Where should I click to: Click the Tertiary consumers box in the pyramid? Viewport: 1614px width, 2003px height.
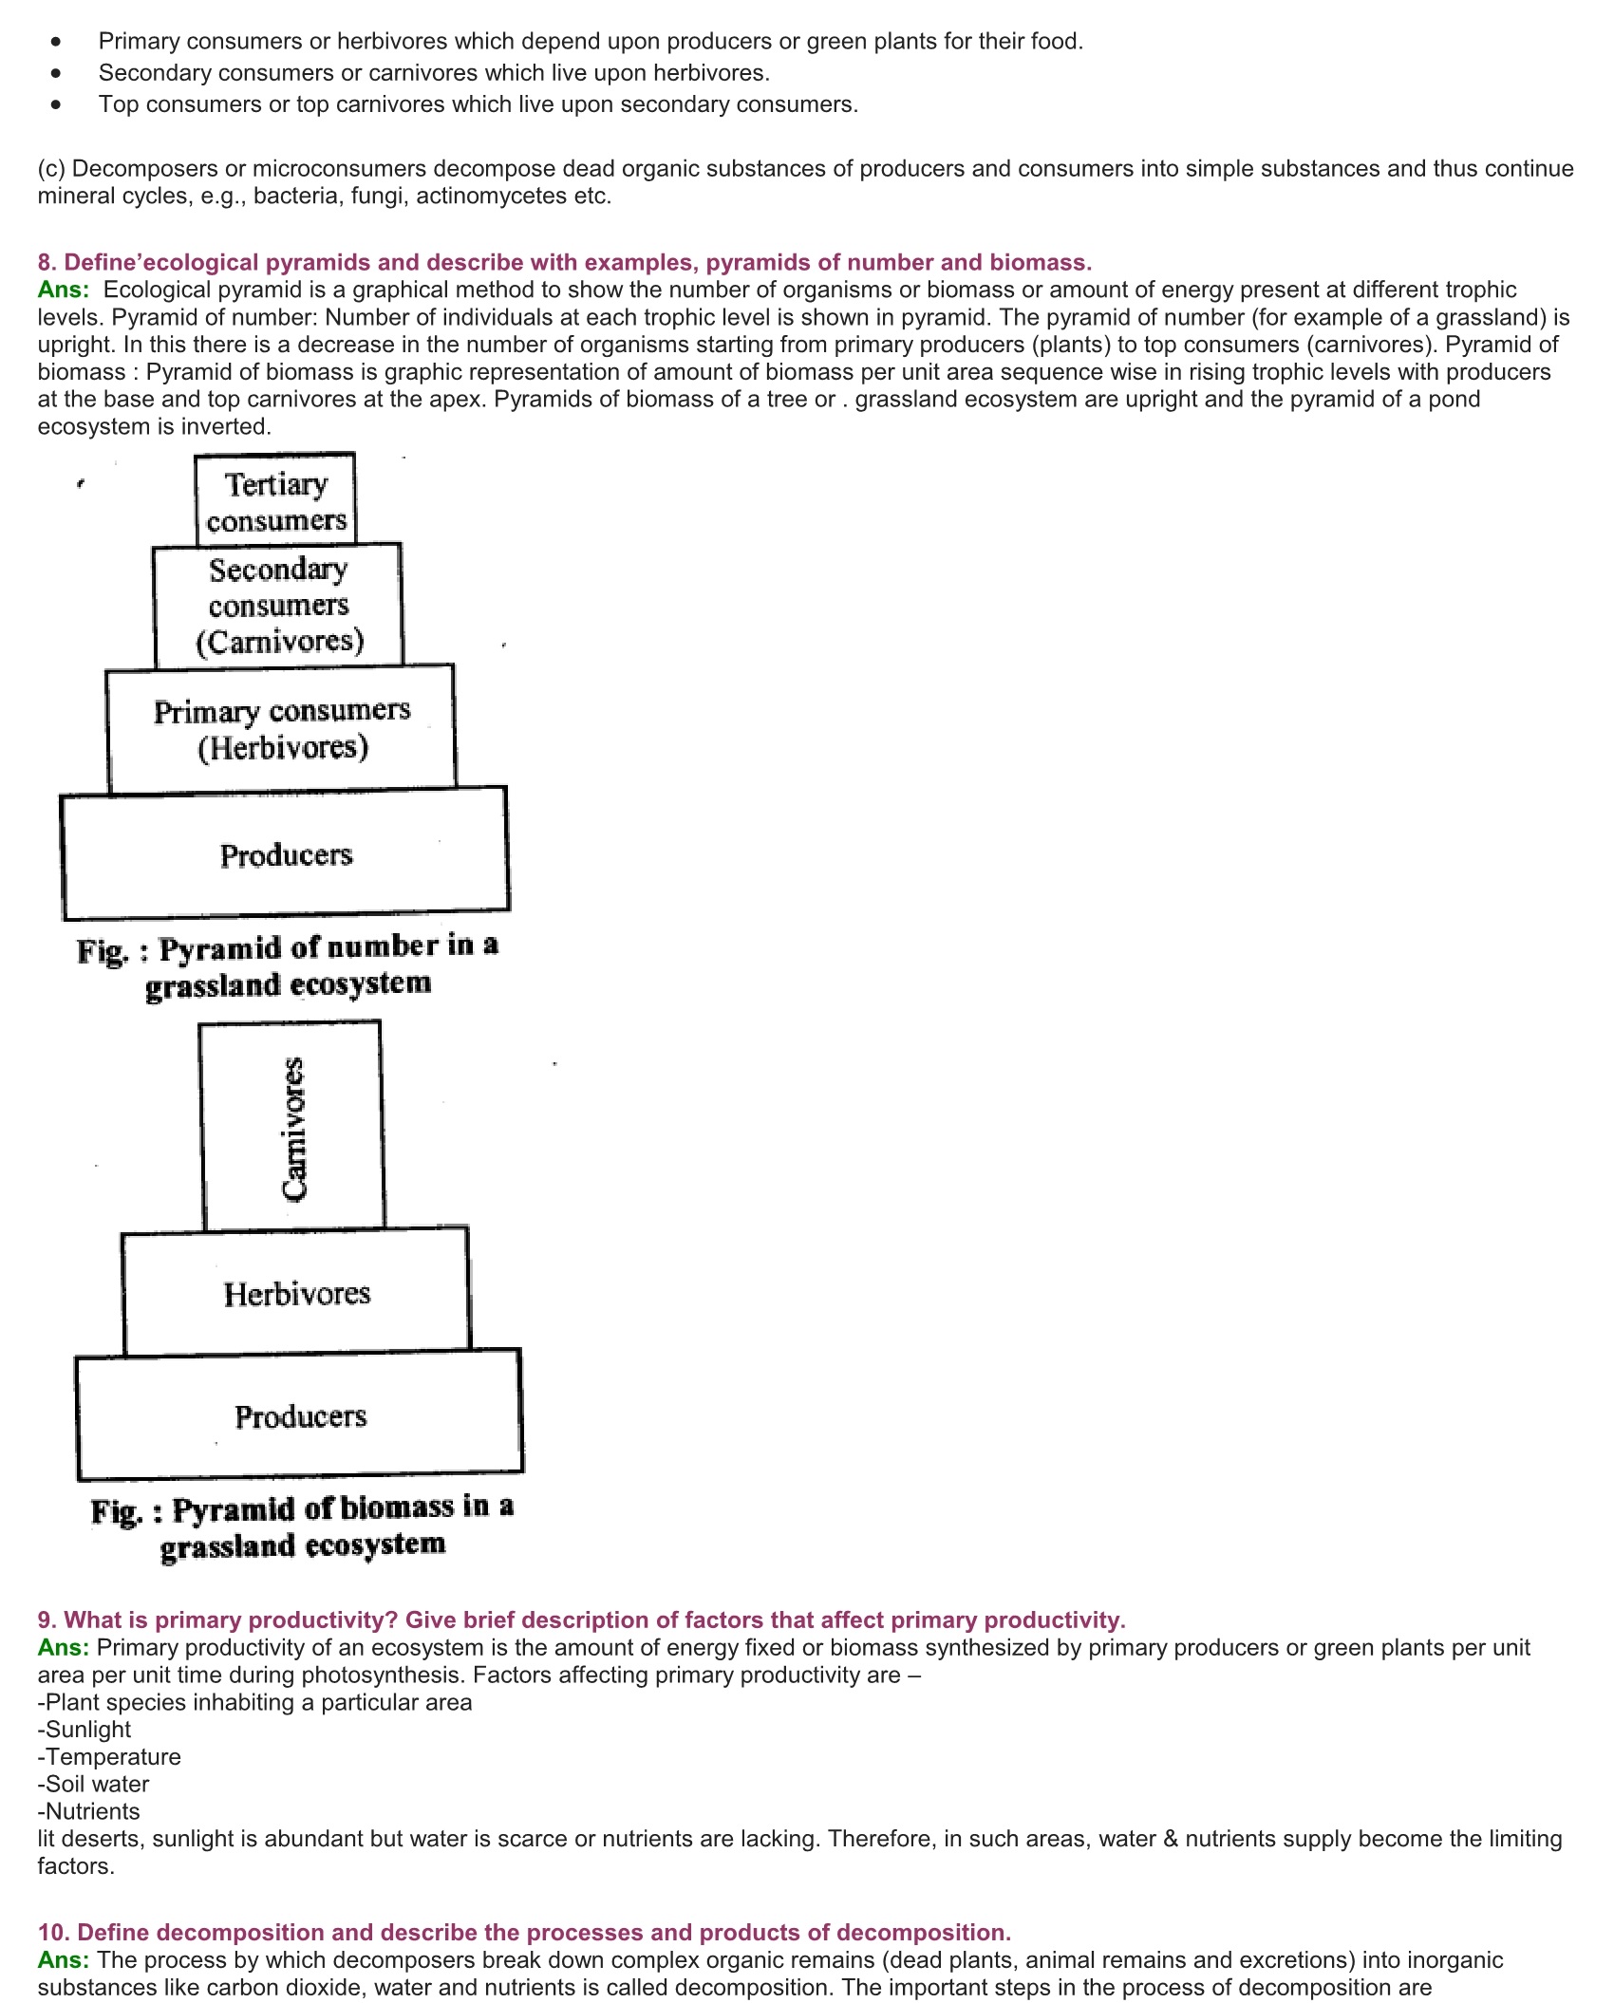coord(275,501)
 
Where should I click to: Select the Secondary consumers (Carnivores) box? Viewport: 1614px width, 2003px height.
coord(278,605)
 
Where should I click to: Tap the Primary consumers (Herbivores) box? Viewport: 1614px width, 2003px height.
coord(282,728)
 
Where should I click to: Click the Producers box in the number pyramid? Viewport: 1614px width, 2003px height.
coord(286,854)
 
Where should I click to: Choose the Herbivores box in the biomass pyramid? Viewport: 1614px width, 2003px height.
coord(296,1293)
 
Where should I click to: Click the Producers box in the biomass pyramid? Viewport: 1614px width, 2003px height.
coord(300,1416)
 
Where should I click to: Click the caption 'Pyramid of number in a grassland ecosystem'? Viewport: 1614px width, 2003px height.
coord(288,965)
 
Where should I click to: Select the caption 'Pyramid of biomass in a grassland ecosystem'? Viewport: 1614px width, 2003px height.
coord(302,1526)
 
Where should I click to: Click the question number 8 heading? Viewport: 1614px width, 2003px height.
coord(564,262)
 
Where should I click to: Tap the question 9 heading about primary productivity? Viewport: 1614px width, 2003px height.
coord(581,1619)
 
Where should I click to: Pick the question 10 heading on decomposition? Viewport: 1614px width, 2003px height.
coord(524,1932)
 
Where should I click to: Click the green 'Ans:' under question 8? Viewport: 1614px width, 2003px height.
coord(64,290)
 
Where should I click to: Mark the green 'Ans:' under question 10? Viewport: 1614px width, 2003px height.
coord(64,1959)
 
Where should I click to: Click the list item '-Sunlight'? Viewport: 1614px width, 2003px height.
coord(84,1729)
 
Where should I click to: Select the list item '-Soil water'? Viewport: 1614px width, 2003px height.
coord(94,1784)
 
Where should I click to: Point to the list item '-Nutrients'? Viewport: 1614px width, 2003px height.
coord(89,1811)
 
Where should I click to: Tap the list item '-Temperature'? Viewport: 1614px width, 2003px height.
coord(109,1756)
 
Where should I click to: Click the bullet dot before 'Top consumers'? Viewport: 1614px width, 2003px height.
coord(57,104)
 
